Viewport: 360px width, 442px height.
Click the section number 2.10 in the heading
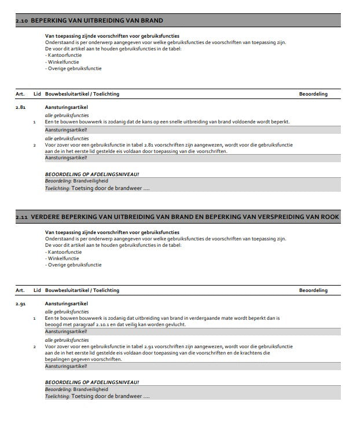pyautogui.click(x=21, y=21)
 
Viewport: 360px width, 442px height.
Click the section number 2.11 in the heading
pyautogui.click(x=21, y=217)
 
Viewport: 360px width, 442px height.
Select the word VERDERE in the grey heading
pyautogui.click(x=46, y=216)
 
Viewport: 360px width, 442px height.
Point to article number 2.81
pyautogui.click(x=20, y=108)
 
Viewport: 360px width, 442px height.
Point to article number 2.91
pyautogui.click(x=20, y=304)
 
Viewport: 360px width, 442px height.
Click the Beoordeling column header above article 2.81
pyautogui.click(x=313, y=94)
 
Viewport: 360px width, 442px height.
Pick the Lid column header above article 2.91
pyautogui.click(x=37, y=290)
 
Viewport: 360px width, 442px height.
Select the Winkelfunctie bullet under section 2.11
pyautogui.click(x=64, y=258)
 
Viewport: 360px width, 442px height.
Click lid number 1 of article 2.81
pyautogui.click(x=35, y=122)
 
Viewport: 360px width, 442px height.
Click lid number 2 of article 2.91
pyautogui.click(x=35, y=346)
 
